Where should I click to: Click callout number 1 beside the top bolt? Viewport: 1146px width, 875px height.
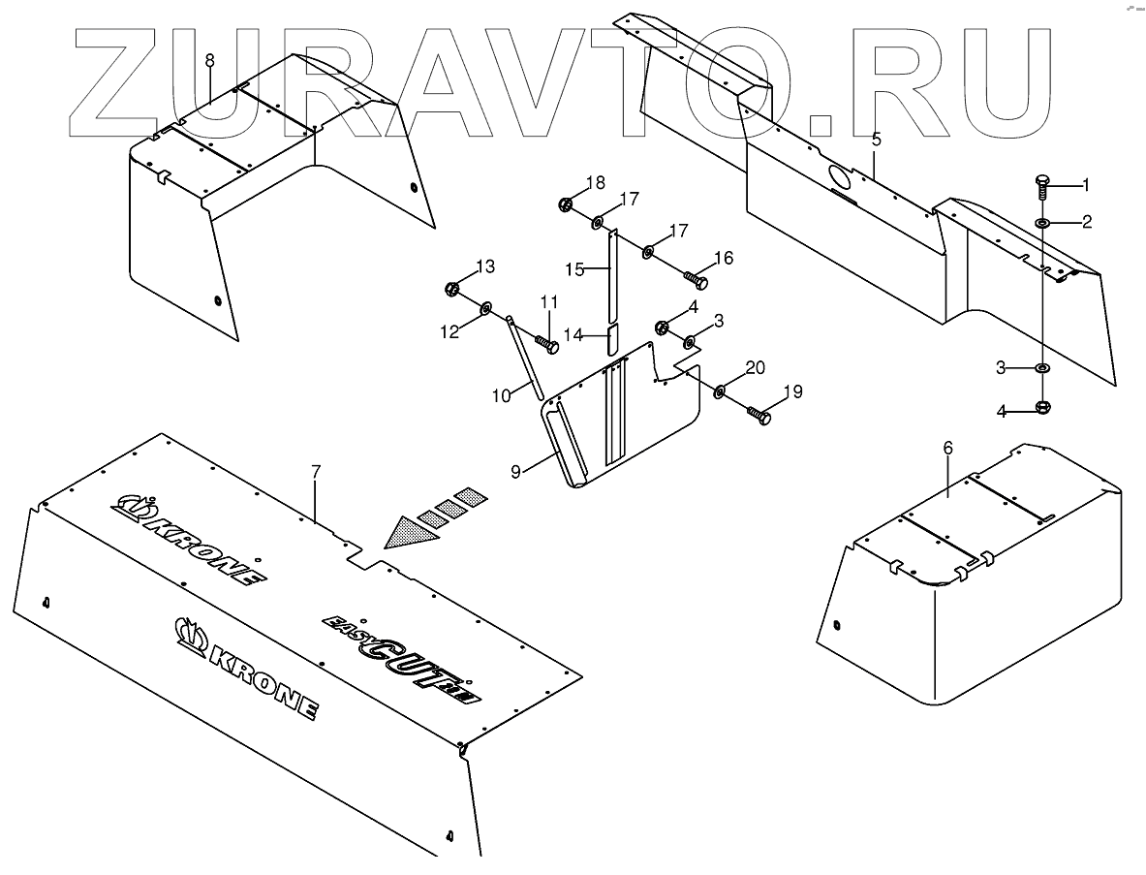(1085, 184)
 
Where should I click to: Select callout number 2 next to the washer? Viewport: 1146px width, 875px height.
(1087, 222)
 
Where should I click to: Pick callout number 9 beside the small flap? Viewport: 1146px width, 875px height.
(516, 471)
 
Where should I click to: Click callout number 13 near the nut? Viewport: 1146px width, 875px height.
(484, 266)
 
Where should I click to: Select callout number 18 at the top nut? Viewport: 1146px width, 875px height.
(595, 182)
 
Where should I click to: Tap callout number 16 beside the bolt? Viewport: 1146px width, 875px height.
(723, 258)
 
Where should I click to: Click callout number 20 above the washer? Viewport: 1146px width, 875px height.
(755, 367)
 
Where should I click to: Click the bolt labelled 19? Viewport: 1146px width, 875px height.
(758, 417)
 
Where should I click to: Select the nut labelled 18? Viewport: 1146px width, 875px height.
(565, 204)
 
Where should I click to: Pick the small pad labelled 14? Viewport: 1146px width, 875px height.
(611, 340)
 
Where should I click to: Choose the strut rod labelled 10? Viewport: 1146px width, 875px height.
(524, 355)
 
